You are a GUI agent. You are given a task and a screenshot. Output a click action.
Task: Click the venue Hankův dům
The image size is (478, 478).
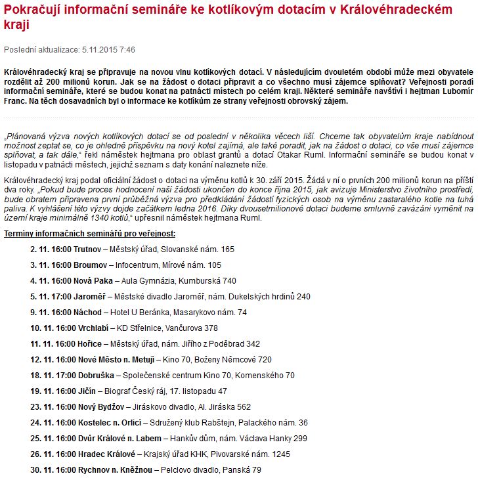point(191,439)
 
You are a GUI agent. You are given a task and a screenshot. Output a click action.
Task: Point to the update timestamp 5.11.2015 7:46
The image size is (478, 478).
point(109,50)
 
